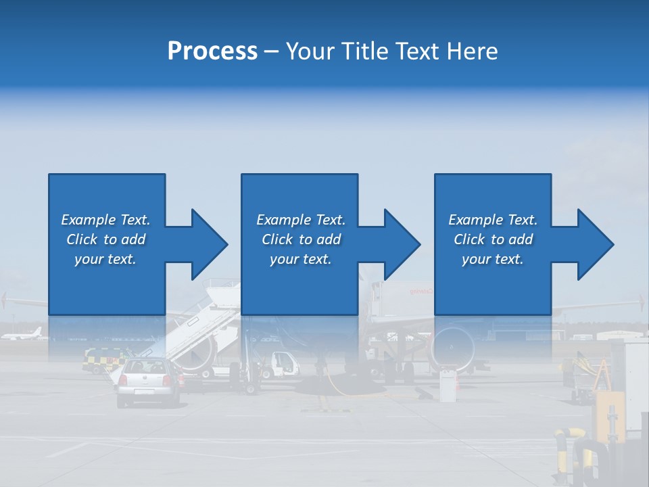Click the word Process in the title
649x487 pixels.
212,51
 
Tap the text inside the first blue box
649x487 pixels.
105,239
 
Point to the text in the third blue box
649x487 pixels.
493,239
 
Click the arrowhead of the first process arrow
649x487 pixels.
210,244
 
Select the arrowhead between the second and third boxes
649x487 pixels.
402,244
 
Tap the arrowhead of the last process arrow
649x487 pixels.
596,244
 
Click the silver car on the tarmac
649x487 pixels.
148,381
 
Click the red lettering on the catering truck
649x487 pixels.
420,292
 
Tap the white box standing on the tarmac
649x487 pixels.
447,386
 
